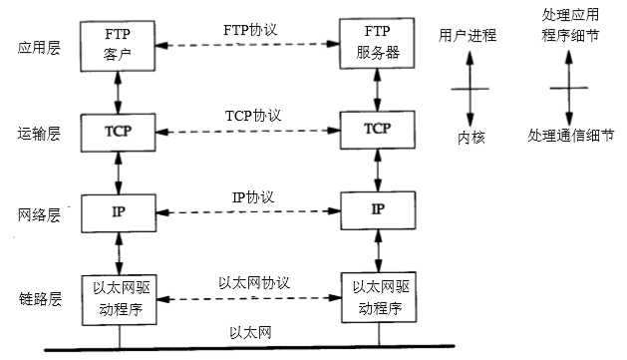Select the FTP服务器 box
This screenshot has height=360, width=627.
pos(377,45)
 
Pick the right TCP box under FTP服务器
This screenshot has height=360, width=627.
pos(377,130)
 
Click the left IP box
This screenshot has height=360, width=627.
pos(119,211)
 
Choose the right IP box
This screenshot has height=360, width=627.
pos(377,210)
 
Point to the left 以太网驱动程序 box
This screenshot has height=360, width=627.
pos(119,296)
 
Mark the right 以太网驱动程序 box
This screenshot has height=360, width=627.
pos(377,296)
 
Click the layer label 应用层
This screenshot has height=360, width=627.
pos(39,48)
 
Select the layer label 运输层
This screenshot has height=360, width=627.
pos(39,132)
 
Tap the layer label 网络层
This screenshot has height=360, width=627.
pos(39,213)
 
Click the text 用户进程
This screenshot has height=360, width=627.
pos(468,35)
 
